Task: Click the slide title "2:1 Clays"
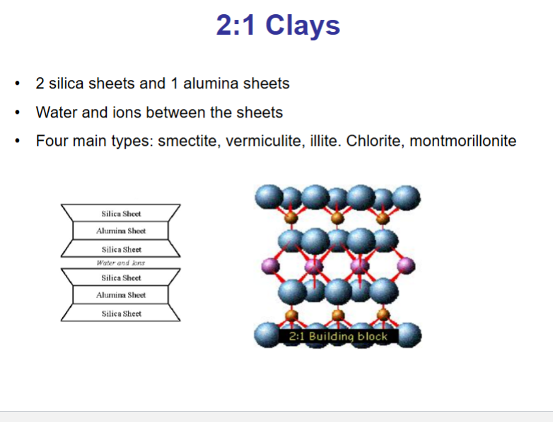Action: tap(278, 25)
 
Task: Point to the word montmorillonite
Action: tap(463, 141)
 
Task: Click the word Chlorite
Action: tap(376, 141)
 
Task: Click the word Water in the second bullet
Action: tap(57, 113)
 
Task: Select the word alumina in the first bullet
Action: tap(211, 84)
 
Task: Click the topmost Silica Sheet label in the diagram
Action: tap(121, 213)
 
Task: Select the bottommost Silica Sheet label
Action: tap(121, 314)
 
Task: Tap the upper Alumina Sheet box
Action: tap(121, 231)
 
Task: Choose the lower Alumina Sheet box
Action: tap(121, 295)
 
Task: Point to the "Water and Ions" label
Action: tap(120, 263)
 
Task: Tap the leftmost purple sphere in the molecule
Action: tap(268, 266)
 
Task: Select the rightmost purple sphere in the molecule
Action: tap(404, 266)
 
